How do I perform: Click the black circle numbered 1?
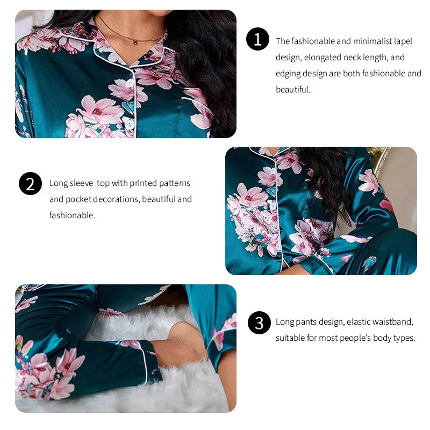pyautogui.click(x=257, y=39)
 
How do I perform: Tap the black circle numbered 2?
pyautogui.click(x=30, y=184)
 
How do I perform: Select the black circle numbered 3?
pyautogui.click(x=259, y=322)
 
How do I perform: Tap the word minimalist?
pyautogui.click(x=372, y=41)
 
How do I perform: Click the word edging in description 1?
pyautogui.click(x=288, y=74)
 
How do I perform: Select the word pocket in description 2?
pyautogui.click(x=79, y=199)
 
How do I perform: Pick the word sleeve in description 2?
pyautogui.click(x=82, y=183)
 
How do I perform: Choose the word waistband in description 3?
pyautogui.click(x=394, y=322)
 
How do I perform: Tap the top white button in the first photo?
pyautogui.click(x=129, y=83)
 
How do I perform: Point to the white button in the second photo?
pyautogui.click(x=273, y=205)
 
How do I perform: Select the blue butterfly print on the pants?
pyautogui.click(x=369, y=263)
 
